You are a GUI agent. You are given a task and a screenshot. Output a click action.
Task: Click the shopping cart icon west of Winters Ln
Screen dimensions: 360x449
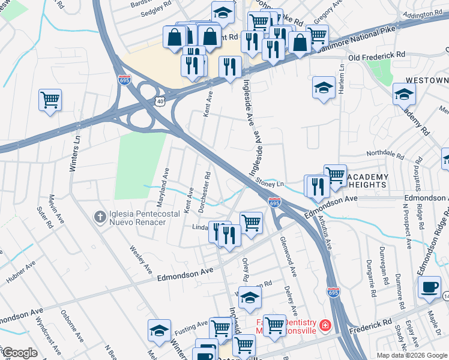pyautogui.click(x=50, y=99)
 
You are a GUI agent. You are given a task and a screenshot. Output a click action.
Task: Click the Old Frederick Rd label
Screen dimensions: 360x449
pyautogui.click(x=376, y=55)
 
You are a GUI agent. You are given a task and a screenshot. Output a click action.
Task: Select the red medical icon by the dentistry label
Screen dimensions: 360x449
pyautogui.click(x=325, y=325)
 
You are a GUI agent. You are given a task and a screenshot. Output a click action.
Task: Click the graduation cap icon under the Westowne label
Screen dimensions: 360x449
pyautogui.click(x=404, y=94)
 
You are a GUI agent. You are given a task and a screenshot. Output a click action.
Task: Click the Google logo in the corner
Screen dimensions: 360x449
pyautogui.click(x=20, y=353)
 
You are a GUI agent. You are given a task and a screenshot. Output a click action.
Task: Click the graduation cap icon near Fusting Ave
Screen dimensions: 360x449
pyautogui.click(x=159, y=331)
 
